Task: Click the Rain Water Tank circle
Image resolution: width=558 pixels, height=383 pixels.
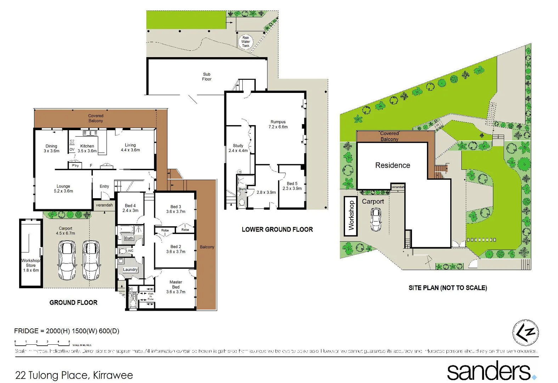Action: click(x=246, y=41)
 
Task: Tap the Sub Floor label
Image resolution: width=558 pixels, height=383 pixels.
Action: click(x=207, y=77)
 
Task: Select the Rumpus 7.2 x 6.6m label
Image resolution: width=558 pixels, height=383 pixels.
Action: click(x=278, y=124)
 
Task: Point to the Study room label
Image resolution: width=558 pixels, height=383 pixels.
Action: click(x=238, y=148)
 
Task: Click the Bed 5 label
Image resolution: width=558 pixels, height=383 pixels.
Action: click(x=292, y=186)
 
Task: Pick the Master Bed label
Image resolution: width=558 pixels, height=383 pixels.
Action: click(x=176, y=287)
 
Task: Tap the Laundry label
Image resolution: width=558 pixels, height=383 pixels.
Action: click(x=130, y=270)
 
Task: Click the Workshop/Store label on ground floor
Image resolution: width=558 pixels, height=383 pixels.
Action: click(x=31, y=265)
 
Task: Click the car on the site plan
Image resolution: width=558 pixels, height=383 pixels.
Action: click(x=376, y=220)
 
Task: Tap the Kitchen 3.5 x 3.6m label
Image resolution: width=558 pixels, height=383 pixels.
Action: click(x=87, y=148)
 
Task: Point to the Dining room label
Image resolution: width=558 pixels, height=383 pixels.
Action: click(x=51, y=148)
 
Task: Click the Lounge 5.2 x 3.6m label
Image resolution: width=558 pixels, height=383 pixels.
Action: click(x=63, y=189)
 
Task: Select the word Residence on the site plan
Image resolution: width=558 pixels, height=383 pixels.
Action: click(x=393, y=165)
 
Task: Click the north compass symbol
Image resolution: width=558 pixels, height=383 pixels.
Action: click(x=525, y=333)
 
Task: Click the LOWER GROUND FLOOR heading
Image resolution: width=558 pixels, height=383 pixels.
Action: click(x=277, y=229)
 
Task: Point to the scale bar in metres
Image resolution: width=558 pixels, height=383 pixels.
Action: click(x=43, y=343)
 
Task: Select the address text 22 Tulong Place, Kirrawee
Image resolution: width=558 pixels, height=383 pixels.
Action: click(x=74, y=375)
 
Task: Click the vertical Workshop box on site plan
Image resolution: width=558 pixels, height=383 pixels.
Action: click(x=351, y=216)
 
